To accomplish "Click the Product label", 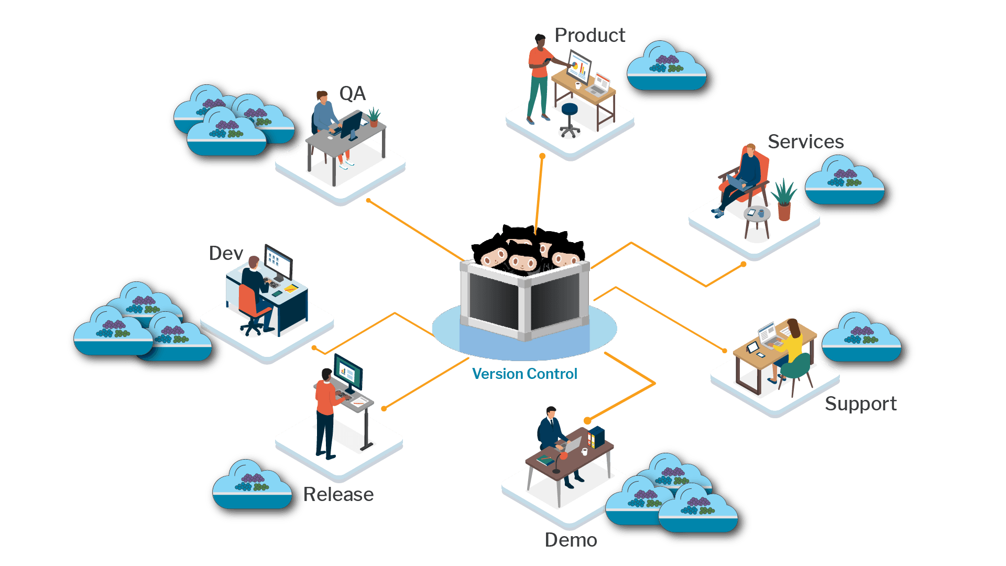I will tap(590, 36).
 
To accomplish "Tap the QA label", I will tap(352, 94).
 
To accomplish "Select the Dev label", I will tap(226, 254).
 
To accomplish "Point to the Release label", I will tap(339, 494).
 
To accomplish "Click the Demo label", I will tap(571, 540).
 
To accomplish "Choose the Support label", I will tap(861, 404).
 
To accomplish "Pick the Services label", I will tap(805, 141).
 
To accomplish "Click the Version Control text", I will tap(524, 374).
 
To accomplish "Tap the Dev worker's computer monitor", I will tap(278, 262).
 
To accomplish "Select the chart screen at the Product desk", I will tap(579, 67).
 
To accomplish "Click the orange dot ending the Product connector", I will tap(542, 156).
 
